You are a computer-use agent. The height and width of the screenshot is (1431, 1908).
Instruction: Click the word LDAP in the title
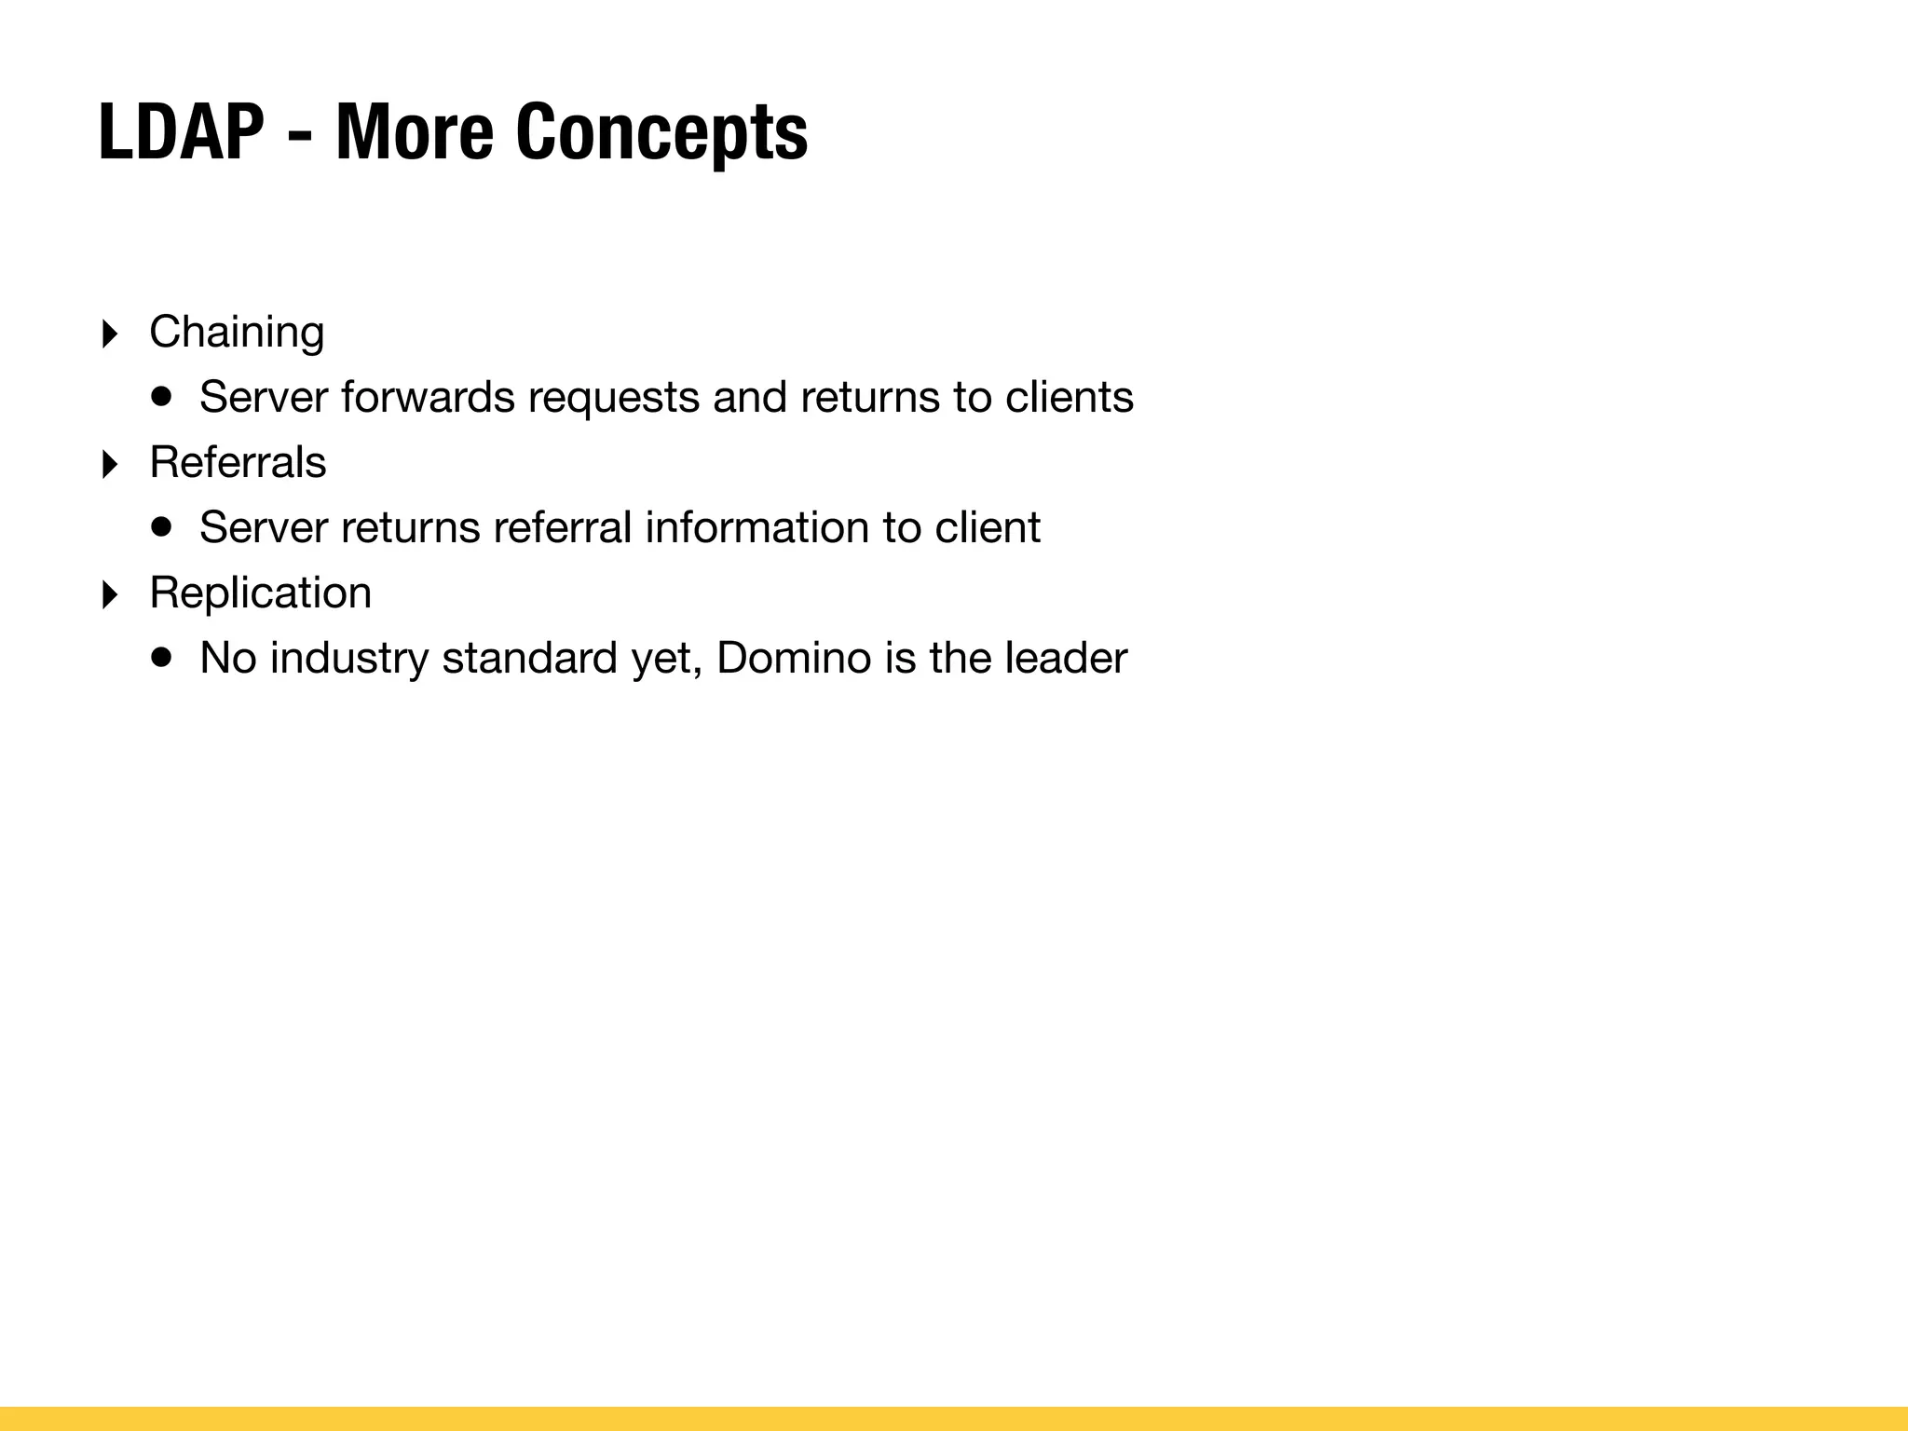[x=182, y=132]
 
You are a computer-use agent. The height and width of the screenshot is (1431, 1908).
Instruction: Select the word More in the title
[x=414, y=132]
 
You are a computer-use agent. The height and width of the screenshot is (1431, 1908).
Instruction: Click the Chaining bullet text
[x=237, y=333]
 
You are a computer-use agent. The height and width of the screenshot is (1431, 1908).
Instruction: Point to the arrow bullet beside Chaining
[x=110, y=334]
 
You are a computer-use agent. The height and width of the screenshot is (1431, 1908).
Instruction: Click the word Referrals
[x=238, y=462]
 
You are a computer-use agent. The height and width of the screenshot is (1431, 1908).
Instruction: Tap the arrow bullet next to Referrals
[x=110, y=464]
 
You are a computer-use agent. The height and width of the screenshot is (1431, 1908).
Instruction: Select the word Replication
[x=260, y=593]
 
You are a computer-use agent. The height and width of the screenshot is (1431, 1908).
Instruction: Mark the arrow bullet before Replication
[x=110, y=594]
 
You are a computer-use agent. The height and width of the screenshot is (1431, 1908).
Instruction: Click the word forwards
[x=428, y=397]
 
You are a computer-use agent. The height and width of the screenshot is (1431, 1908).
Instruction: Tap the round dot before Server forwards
[x=162, y=396]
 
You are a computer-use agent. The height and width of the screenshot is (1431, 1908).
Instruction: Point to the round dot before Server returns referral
[x=162, y=526]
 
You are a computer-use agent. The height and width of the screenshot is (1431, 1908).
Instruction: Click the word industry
[x=349, y=659]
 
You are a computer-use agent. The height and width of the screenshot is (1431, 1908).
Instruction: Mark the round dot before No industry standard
[x=162, y=657]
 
